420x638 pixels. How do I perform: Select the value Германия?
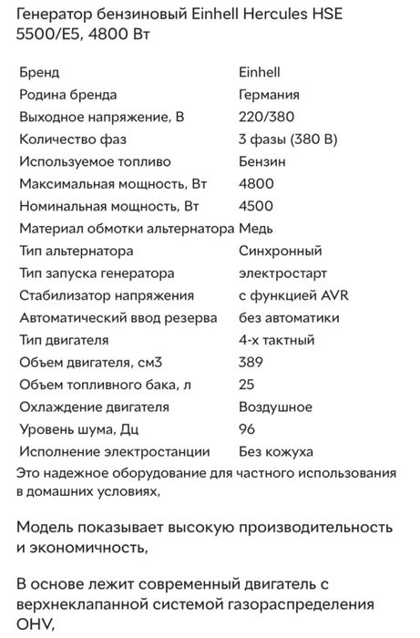pyautogui.click(x=270, y=94)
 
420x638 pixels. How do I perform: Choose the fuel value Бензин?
pyautogui.click(x=262, y=161)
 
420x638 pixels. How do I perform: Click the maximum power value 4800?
pyautogui.click(x=256, y=184)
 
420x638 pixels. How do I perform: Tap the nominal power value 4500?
pyautogui.click(x=256, y=206)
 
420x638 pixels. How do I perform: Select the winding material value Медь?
pyautogui.click(x=256, y=229)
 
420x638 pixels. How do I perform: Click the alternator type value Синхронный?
pyautogui.click(x=280, y=251)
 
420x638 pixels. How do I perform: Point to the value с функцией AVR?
pyautogui.click(x=288, y=295)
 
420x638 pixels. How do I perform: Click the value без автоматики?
pyautogui.click(x=289, y=318)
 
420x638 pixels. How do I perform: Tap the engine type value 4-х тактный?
pyautogui.click(x=277, y=340)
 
